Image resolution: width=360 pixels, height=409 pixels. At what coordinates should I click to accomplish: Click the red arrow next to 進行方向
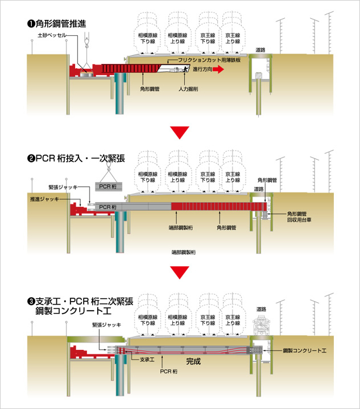click(x=219, y=69)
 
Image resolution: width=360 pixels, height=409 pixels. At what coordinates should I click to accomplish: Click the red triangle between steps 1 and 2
click(x=180, y=132)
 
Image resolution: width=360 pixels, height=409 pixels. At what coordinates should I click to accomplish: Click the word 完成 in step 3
click(x=194, y=361)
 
